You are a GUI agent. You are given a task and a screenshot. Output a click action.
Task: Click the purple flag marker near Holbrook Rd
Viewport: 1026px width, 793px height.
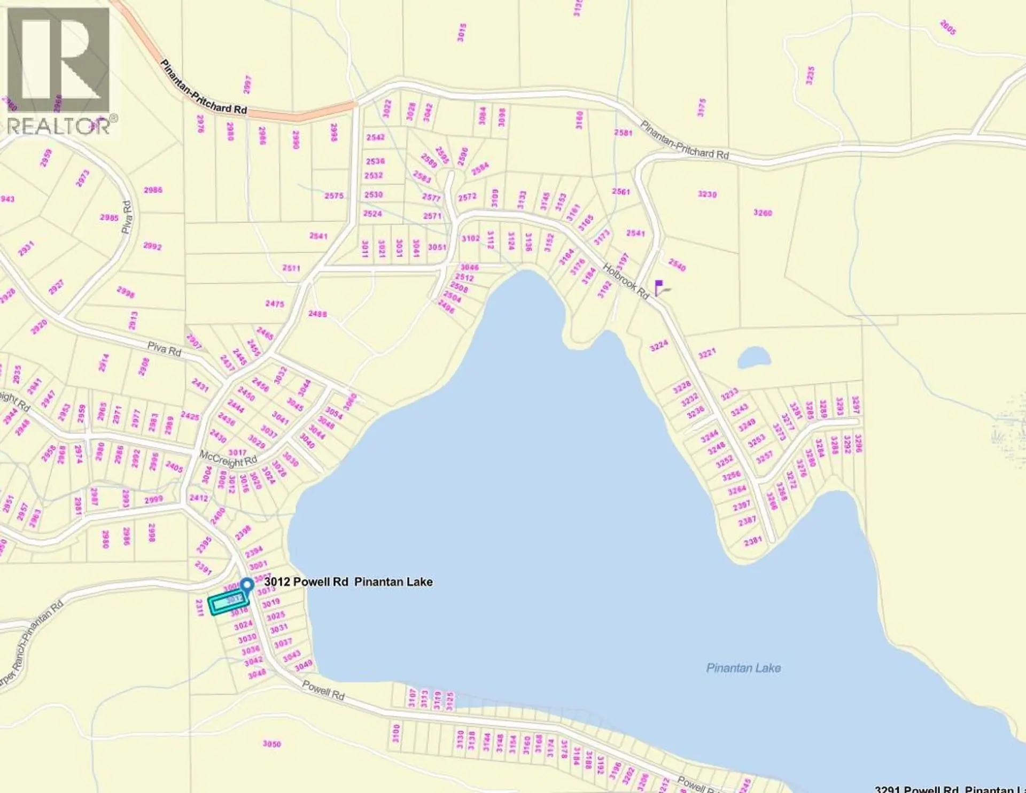tap(659, 287)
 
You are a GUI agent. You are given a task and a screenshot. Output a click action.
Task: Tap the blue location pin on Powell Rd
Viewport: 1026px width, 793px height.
tap(246, 586)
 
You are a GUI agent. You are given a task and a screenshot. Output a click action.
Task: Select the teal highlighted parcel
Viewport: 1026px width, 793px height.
tap(229, 604)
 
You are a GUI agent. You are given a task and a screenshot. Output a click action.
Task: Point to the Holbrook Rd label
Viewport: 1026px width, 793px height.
tap(626, 281)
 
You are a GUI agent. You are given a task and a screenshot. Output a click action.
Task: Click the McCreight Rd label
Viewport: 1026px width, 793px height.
tap(228, 458)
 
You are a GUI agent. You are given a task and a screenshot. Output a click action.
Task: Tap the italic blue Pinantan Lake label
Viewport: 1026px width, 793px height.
tap(743, 668)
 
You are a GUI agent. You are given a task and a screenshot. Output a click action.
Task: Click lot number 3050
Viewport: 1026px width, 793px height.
tap(271, 744)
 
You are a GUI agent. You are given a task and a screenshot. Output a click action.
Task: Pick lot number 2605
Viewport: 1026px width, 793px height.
tap(947, 27)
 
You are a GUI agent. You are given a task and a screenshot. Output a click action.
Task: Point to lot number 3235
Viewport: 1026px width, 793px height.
tap(810, 75)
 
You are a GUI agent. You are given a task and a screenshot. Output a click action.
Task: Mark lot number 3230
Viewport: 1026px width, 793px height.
tap(707, 195)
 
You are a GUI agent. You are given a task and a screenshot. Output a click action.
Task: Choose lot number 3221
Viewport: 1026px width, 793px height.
tap(706, 353)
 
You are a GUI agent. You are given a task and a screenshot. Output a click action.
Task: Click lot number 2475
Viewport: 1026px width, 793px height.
tap(275, 304)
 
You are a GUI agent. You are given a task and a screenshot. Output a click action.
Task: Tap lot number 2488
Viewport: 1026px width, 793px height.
tap(317, 314)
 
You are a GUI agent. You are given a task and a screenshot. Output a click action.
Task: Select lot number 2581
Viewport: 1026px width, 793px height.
tap(623, 133)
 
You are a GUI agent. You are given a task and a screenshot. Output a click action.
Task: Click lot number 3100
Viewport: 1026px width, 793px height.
tap(396, 733)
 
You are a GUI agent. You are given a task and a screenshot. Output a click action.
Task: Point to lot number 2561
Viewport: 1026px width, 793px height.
tap(621, 191)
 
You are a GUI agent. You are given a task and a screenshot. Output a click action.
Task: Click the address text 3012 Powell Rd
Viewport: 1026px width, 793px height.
tap(306, 582)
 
